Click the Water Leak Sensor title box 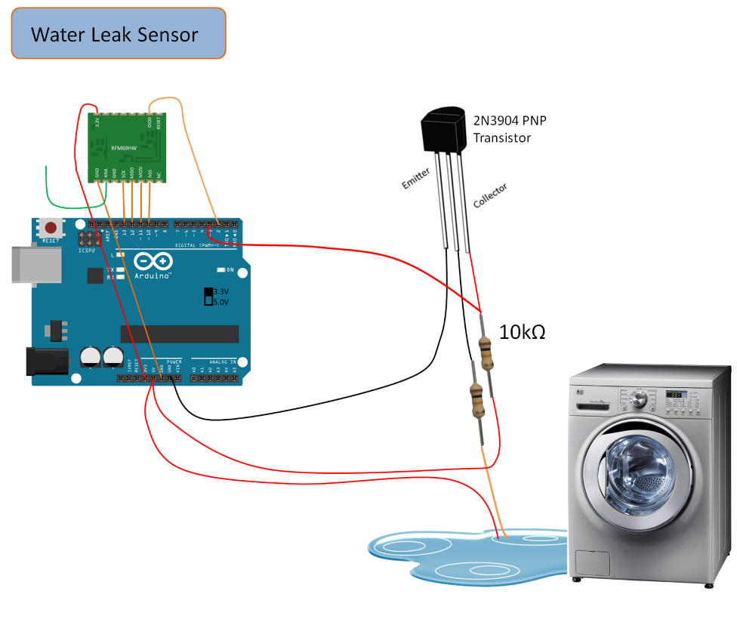pyautogui.click(x=119, y=34)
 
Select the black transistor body pyautogui.click(x=446, y=133)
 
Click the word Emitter pyautogui.click(x=416, y=179)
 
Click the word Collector pyautogui.click(x=490, y=195)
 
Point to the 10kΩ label pyautogui.click(x=523, y=331)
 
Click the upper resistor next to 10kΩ pyautogui.click(x=487, y=352)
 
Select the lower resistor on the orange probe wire pyautogui.click(x=476, y=399)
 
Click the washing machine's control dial pyautogui.click(x=639, y=399)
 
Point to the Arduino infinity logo pyautogui.click(x=153, y=263)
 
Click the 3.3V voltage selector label pyautogui.click(x=220, y=291)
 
